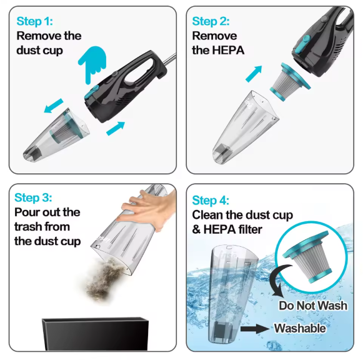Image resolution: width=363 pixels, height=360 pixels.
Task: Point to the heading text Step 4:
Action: pos(211,200)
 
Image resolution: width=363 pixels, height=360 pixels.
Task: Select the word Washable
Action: pos(300,328)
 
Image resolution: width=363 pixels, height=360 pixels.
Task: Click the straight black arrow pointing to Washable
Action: pos(256,327)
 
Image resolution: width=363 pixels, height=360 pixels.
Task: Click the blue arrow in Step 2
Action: pos(252,73)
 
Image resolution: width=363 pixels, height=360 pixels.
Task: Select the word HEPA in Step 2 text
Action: pos(227,51)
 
